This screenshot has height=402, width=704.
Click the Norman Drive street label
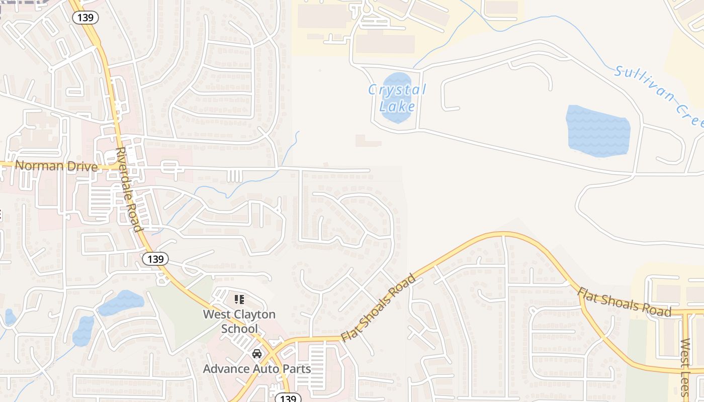[56, 165]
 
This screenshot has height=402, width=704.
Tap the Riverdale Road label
[128, 189]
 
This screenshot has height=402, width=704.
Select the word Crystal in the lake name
[397, 90]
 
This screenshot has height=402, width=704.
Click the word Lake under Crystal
[397, 107]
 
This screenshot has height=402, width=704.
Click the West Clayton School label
[239, 322]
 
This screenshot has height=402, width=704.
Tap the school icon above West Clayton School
[239, 300]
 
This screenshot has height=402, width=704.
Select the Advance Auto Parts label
[256, 368]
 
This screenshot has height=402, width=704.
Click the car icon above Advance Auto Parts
[257, 354]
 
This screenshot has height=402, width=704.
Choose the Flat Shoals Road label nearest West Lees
[624, 302]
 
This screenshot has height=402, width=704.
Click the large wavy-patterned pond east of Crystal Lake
[598, 131]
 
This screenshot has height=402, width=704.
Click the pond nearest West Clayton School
[121, 302]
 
